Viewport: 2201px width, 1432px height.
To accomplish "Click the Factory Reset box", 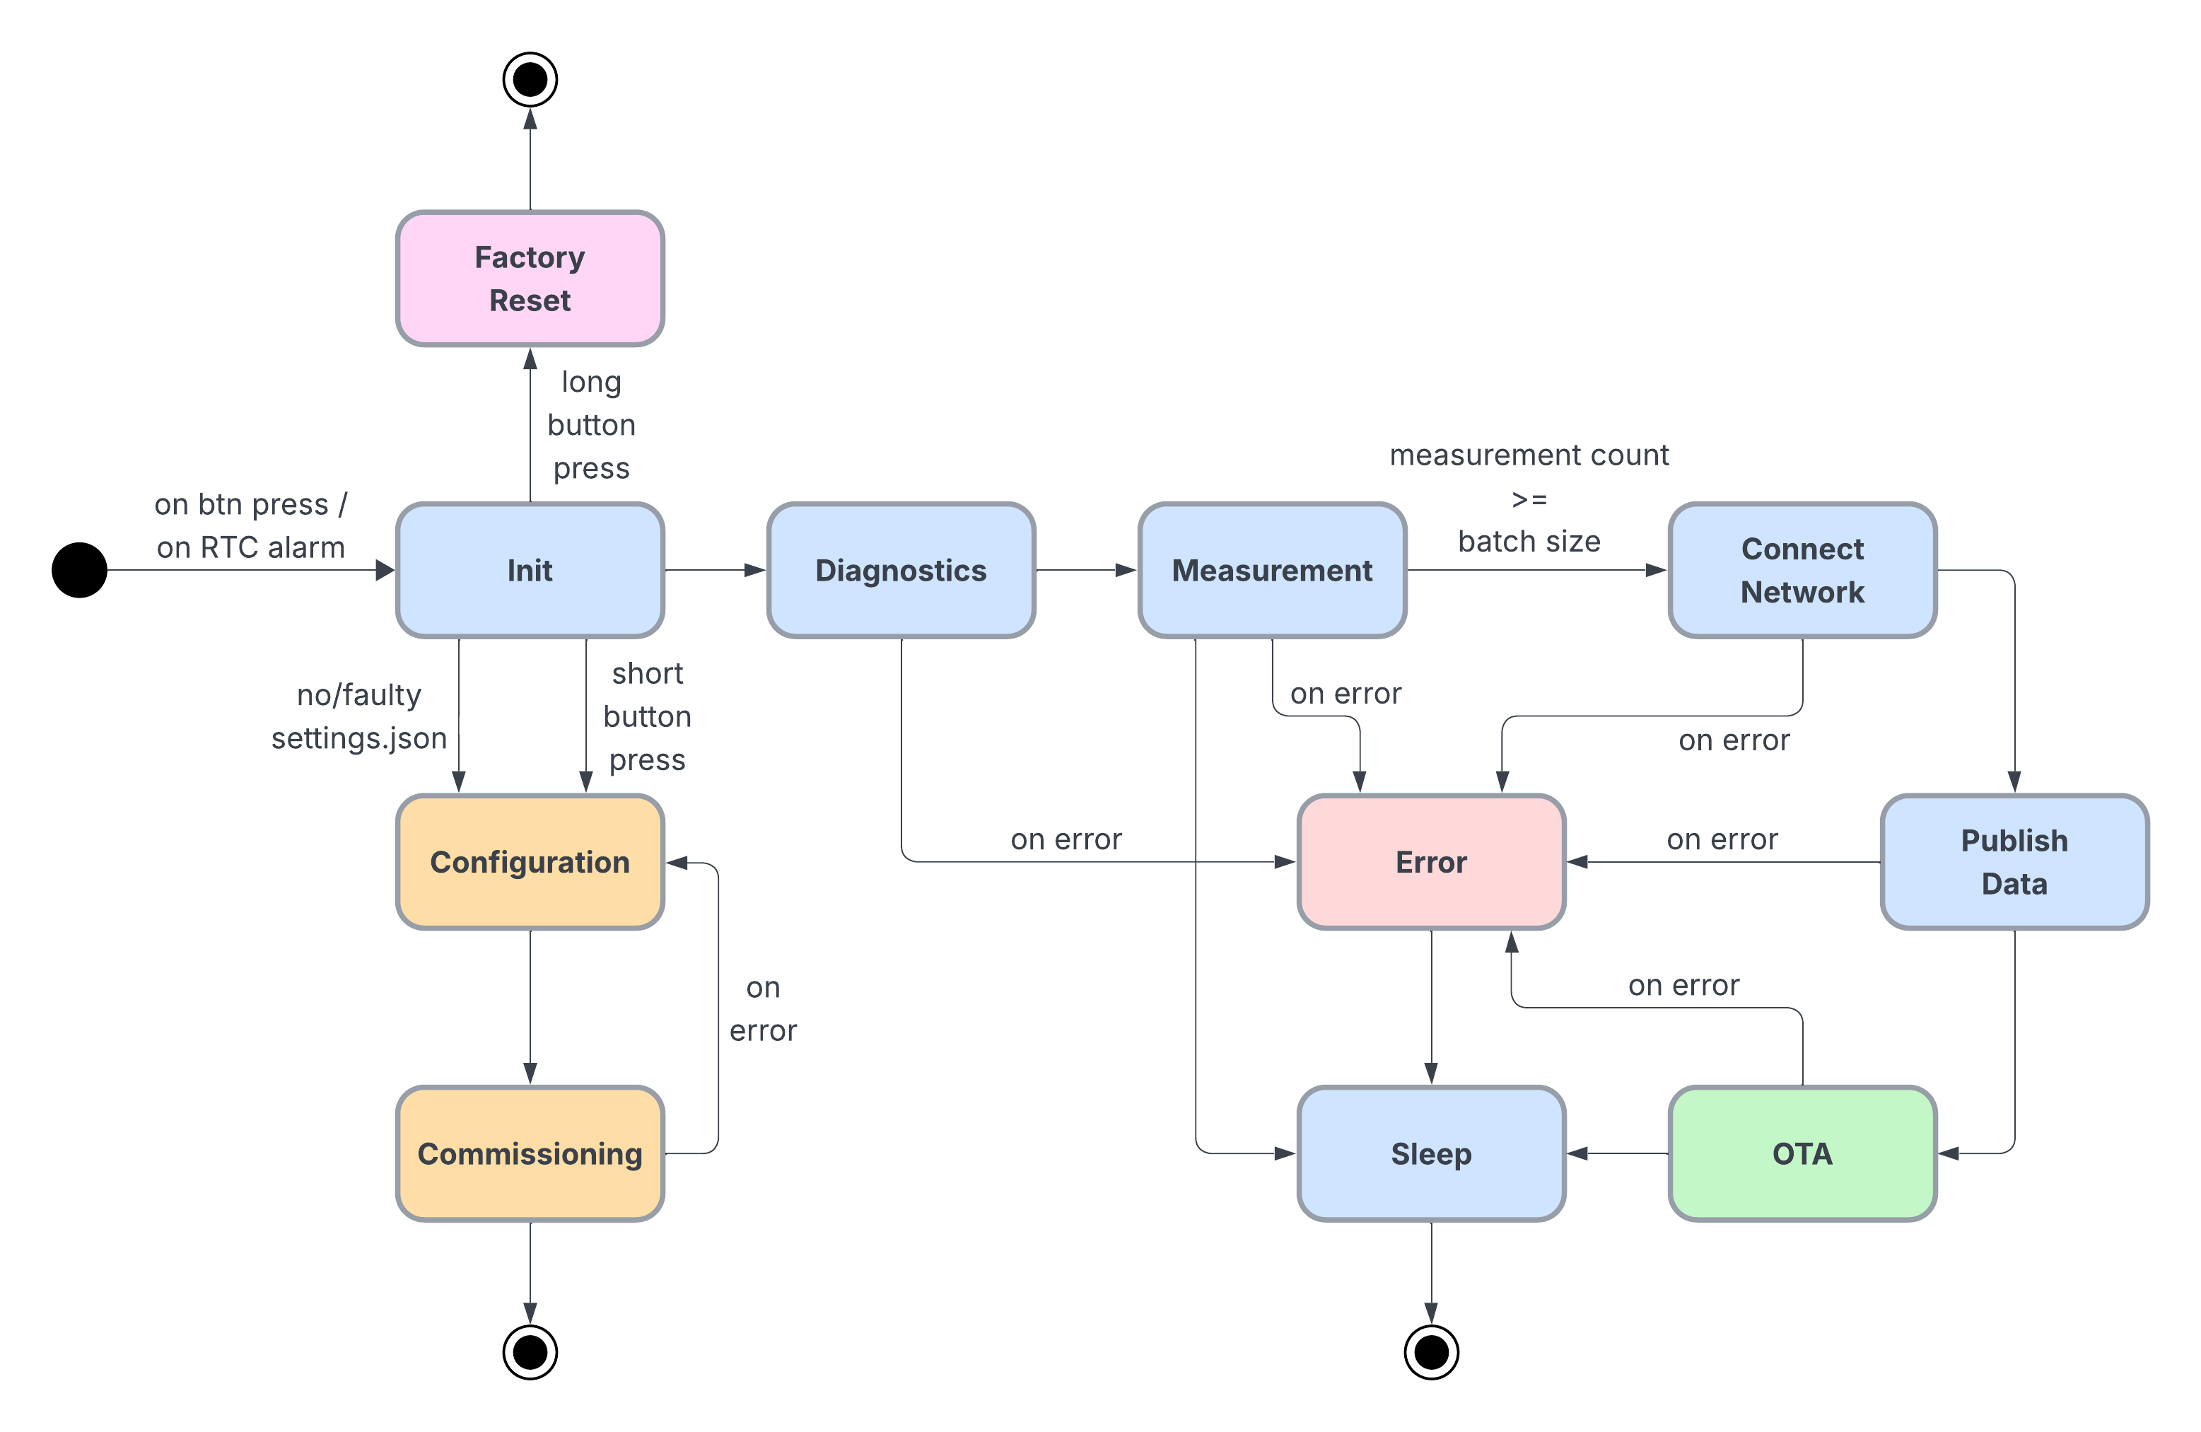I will pyautogui.click(x=530, y=279).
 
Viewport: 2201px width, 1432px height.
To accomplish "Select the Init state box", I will pyautogui.click(x=530, y=570).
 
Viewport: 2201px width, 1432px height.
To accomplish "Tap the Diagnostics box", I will pyautogui.click(x=901, y=570).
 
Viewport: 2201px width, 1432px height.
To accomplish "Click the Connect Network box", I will pyautogui.click(x=1802, y=570).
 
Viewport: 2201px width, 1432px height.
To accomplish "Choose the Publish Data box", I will pyautogui.click(x=2014, y=861).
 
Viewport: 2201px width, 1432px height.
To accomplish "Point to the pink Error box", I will pyautogui.click(x=1430, y=861).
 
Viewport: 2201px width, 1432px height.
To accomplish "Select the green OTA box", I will pyautogui.click(x=1802, y=1153).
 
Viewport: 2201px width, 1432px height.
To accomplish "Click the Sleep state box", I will pyautogui.click(x=1430, y=1153).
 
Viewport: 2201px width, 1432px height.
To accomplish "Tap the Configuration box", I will pyautogui.click(x=530, y=861).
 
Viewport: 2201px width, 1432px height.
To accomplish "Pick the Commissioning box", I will pyautogui.click(x=530, y=1153).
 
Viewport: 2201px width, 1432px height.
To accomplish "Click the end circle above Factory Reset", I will pyautogui.click(x=530, y=79).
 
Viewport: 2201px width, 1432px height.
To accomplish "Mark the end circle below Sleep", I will pyautogui.click(x=1430, y=1352).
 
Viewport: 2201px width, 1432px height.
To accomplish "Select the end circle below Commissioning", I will pyautogui.click(x=530, y=1352).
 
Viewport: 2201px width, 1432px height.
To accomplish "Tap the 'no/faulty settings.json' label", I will pyautogui.click(x=358, y=716).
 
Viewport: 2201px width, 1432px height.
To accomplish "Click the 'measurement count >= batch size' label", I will pyautogui.click(x=1529, y=498).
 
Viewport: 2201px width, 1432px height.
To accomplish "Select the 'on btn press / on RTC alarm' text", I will pyautogui.click(x=250, y=525).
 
